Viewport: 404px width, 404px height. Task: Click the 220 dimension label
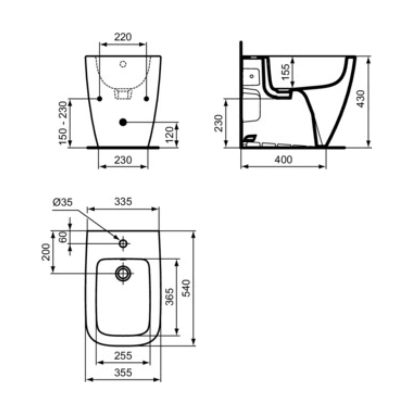coord(123,37)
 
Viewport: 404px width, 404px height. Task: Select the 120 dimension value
coord(169,134)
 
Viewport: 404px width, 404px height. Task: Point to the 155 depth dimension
coord(286,72)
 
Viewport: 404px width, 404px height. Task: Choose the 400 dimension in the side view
coord(283,160)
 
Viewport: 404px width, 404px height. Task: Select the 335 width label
coord(123,201)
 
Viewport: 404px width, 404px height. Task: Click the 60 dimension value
coord(63,237)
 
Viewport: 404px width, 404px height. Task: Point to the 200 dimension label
coord(46,252)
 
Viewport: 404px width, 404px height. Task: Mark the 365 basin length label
coord(169,297)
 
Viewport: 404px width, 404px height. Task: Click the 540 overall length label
coord(186,288)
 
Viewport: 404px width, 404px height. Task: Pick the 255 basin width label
coord(123,356)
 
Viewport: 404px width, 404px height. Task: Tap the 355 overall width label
coord(123,372)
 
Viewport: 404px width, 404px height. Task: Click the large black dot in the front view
coord(123,122)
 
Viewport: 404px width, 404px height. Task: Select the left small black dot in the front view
coord(99,98)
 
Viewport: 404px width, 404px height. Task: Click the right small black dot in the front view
coord(146,98)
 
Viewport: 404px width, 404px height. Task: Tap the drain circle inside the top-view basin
coord(123,273)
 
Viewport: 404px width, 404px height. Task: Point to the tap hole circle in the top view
coord(123,244)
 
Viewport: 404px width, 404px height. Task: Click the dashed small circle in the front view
coord(123,64)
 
